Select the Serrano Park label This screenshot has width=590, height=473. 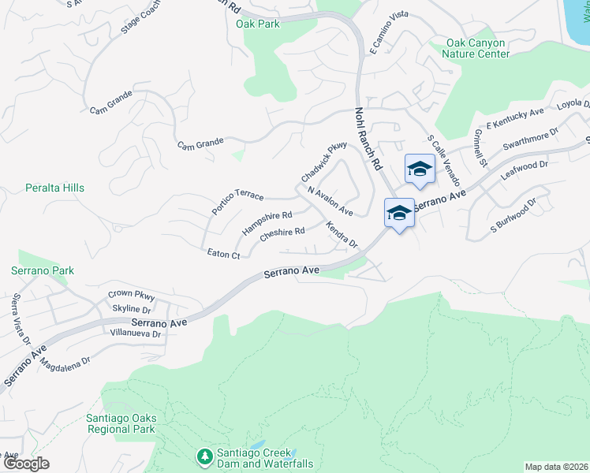point(43,270)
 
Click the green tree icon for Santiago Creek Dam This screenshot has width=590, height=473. point(204,456)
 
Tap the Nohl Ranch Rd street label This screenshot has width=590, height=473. point(368,140)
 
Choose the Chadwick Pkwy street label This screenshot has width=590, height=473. point(323,161)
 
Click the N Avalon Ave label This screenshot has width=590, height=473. point(330,201)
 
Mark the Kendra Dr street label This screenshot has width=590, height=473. point(342,235)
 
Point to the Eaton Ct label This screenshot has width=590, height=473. point(223,255)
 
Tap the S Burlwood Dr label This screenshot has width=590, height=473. point(513,214)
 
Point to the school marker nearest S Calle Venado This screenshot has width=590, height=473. point(420,169)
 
